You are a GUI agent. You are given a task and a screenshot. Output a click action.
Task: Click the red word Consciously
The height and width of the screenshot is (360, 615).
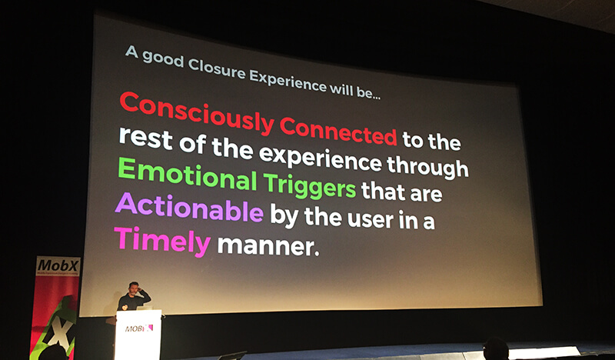pos(196,113)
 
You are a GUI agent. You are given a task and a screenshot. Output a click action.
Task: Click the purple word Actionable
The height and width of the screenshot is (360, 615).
pos(189,208)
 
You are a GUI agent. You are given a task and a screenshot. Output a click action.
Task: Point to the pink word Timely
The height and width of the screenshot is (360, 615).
pos(162,241)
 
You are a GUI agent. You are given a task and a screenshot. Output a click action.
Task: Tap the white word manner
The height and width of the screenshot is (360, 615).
pos(268,245)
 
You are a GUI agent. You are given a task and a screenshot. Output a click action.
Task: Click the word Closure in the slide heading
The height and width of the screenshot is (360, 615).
pos(217,70)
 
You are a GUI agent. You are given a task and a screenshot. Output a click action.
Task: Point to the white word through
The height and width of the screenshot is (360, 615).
pos(427,165)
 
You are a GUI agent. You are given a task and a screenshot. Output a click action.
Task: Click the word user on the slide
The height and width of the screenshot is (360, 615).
pos(371,218)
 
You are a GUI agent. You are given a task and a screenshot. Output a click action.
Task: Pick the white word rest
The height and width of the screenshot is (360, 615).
pos(145,138)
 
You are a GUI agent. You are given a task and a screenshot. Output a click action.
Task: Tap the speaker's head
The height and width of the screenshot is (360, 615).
pos(134,288)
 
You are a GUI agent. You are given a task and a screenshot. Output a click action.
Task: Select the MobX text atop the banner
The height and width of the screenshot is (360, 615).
pos(58,266)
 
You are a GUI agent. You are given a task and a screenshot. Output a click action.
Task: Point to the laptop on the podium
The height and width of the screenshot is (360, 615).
pos(144,308)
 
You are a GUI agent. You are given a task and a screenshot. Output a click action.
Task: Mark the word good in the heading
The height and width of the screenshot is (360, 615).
pos(162,59)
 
